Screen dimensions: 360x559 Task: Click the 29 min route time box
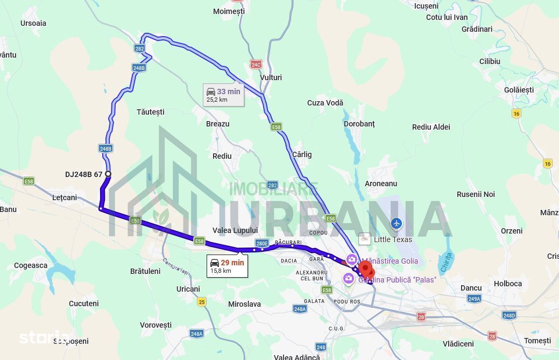click(227, 266)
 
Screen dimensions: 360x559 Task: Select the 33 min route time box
click(223, 95)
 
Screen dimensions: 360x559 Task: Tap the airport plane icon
click(397, 223)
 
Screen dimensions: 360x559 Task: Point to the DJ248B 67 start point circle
click(108, 174)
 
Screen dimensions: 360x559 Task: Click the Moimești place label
click(229, 11)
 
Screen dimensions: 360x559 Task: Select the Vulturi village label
click(271, 77)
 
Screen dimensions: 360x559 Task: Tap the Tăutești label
click(150, 112)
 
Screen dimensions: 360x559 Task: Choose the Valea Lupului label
click(235, 230)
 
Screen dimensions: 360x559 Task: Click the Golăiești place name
click(519, 90)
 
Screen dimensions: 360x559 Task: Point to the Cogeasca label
click(31, 265)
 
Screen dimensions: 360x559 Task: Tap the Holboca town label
click(508, 284)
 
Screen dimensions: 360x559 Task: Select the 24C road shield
click(256, 65)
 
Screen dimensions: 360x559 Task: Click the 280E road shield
click(262, 243)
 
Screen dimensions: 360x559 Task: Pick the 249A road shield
click(474, 299)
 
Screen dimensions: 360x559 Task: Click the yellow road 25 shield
click(201, 301)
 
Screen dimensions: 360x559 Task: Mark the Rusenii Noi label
click(476, 194)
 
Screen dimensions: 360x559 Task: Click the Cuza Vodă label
click(325, 103)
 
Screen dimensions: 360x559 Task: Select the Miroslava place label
click(244, 304)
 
